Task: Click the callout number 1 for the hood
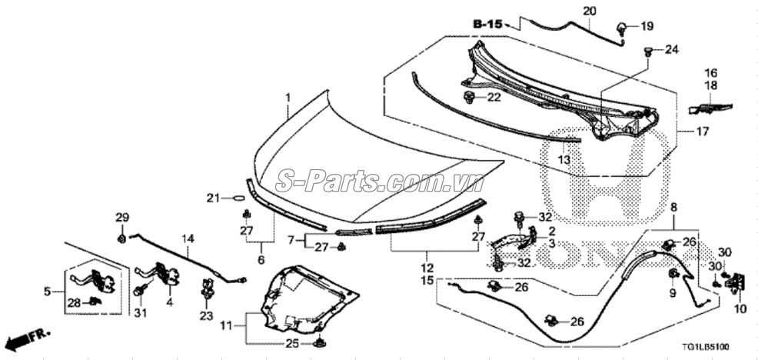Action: click(x=288, y=98)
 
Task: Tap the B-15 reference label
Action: click(x=487, y=24)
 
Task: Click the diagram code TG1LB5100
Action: click(x=706, y=347)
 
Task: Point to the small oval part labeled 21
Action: click(x=239, y=198)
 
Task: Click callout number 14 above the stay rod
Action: click(x=188, y=238)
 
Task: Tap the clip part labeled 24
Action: click(x=649, y=51)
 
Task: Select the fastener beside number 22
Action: click(x=468, y=97)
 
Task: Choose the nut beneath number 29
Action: click(x=121, y=238)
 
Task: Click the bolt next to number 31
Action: click(x=140, y=291)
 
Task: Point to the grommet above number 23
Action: click(x=207, y=288)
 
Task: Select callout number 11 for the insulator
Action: click(x=227, y=325)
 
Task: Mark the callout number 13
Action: click(x=564, y=160)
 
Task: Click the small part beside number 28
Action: click(x=95, y=301)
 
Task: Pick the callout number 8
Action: click(x=673, y=208)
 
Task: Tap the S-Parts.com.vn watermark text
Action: click(x=380, y=182)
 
